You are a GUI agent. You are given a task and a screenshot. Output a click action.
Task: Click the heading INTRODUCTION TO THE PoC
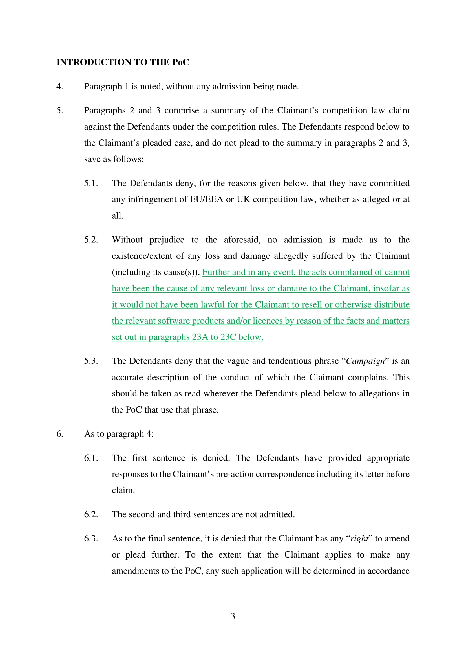123,62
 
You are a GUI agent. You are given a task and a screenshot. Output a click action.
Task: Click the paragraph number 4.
59,87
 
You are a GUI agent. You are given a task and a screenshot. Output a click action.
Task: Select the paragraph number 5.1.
91,183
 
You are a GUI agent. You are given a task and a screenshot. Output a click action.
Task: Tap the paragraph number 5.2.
91,240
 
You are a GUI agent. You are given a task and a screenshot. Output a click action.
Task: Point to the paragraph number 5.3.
91,361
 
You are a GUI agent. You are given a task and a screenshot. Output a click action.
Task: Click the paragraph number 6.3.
91,538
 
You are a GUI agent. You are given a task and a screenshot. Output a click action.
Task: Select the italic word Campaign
365,361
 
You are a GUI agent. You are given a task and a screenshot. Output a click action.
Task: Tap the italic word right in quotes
359,538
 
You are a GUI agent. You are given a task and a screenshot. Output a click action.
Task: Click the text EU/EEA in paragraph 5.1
206,199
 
